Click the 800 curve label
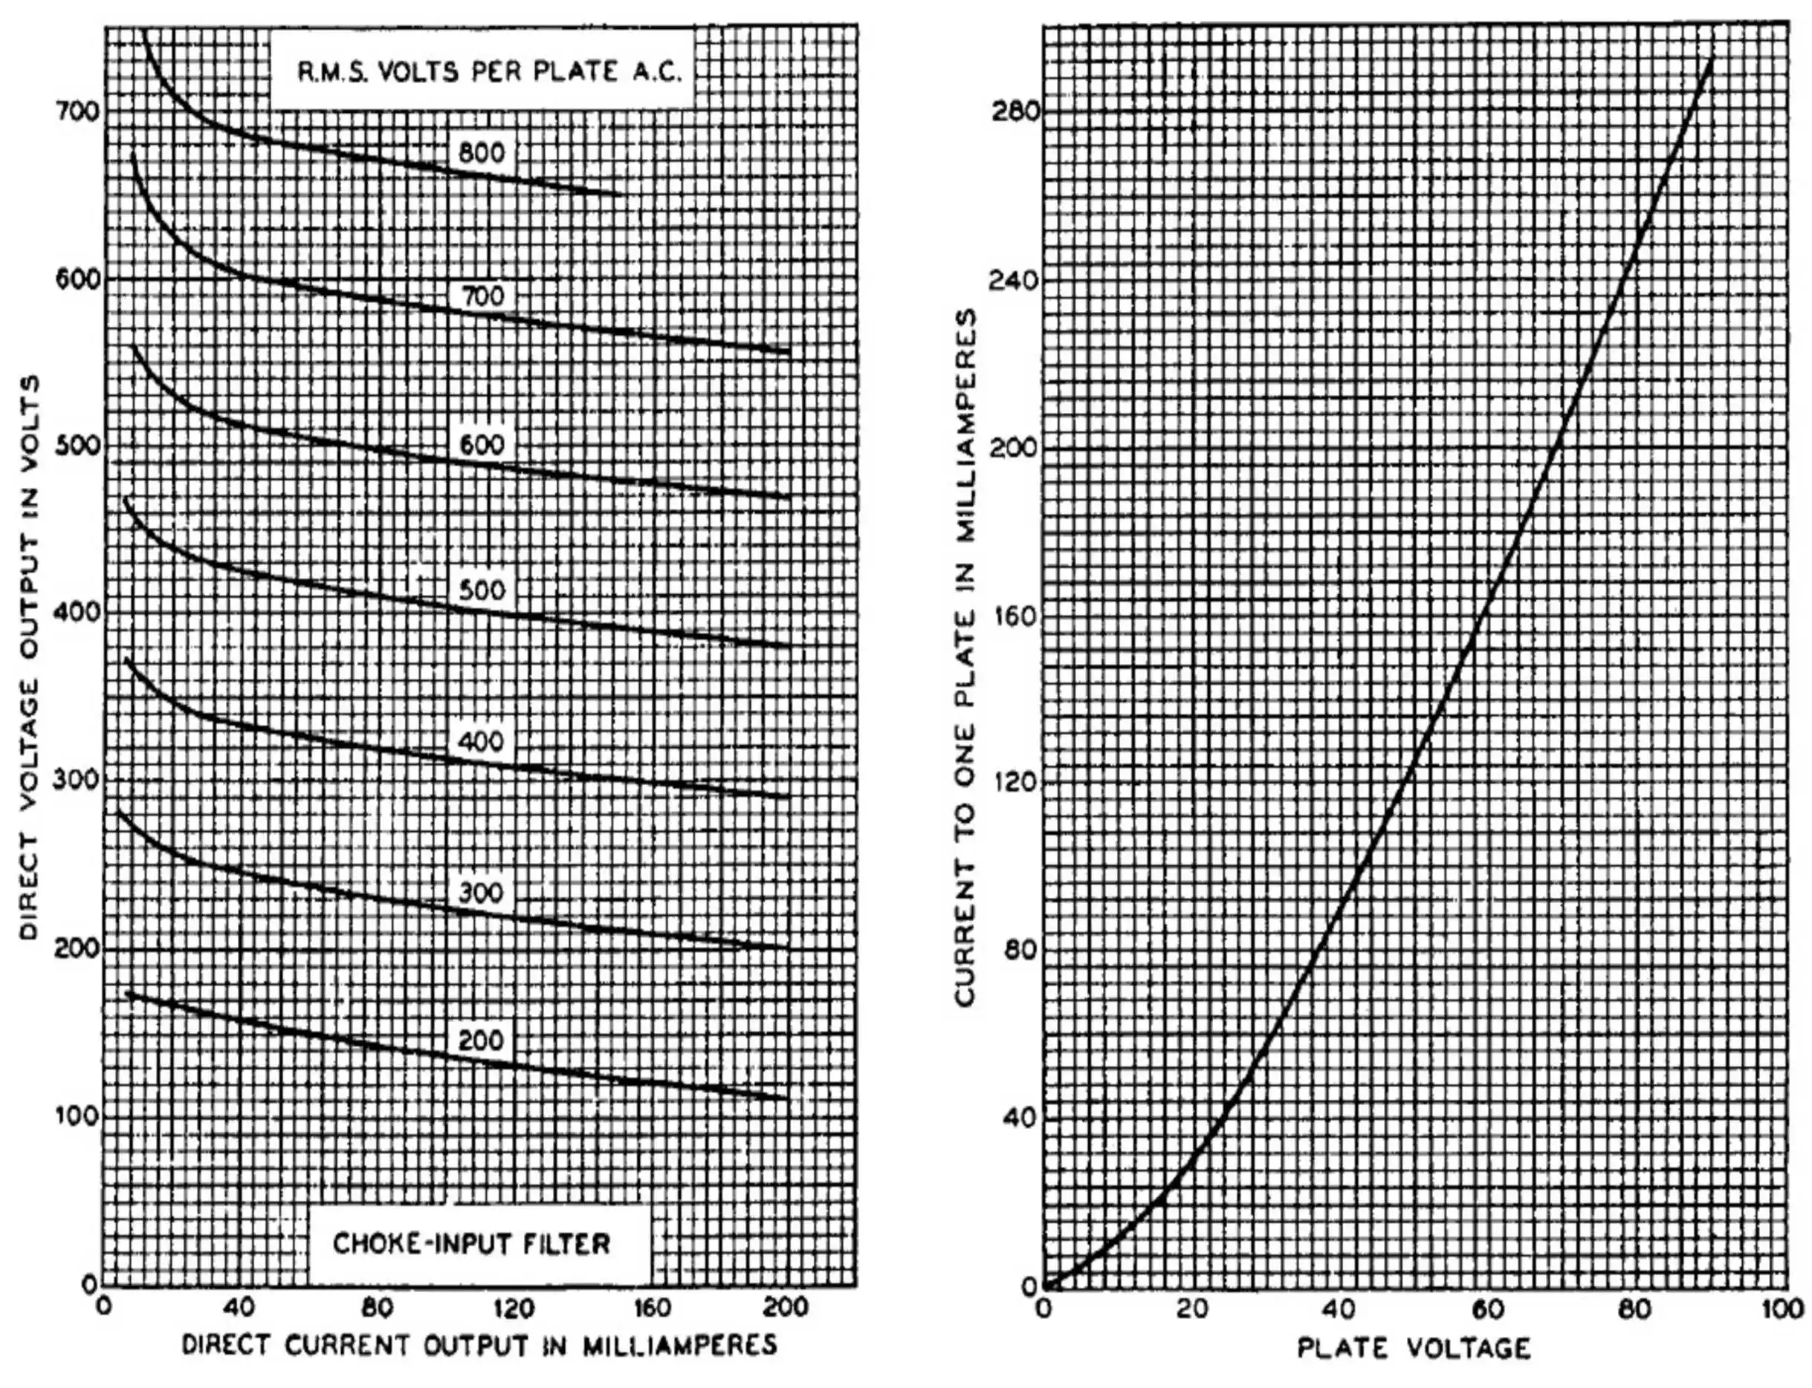[x=481, y=153]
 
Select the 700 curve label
[x=481, y=296]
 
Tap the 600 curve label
[x=481, y=445]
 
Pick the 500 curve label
[x=481, y=590]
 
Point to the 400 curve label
[x=481, y=741]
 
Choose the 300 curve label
[x=481, y=893]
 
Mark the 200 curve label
[x=481, y=1040]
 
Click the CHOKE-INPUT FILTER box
[x=472, y=1244]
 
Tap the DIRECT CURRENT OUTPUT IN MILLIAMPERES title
[x=479, y=1345]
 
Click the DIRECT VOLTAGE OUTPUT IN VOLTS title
[x=30, y=656]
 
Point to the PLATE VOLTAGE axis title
[x=1414, y=1349]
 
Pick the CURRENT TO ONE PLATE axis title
[x=965, y=656]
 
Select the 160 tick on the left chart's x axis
[x=653, y=1308]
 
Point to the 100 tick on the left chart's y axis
[x=77, y=1116]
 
